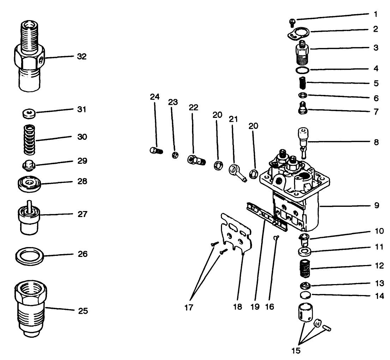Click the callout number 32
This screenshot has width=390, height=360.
point(82,56)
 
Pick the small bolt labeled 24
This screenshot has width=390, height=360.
point(155,151)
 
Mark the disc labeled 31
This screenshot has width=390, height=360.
point(28,114)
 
